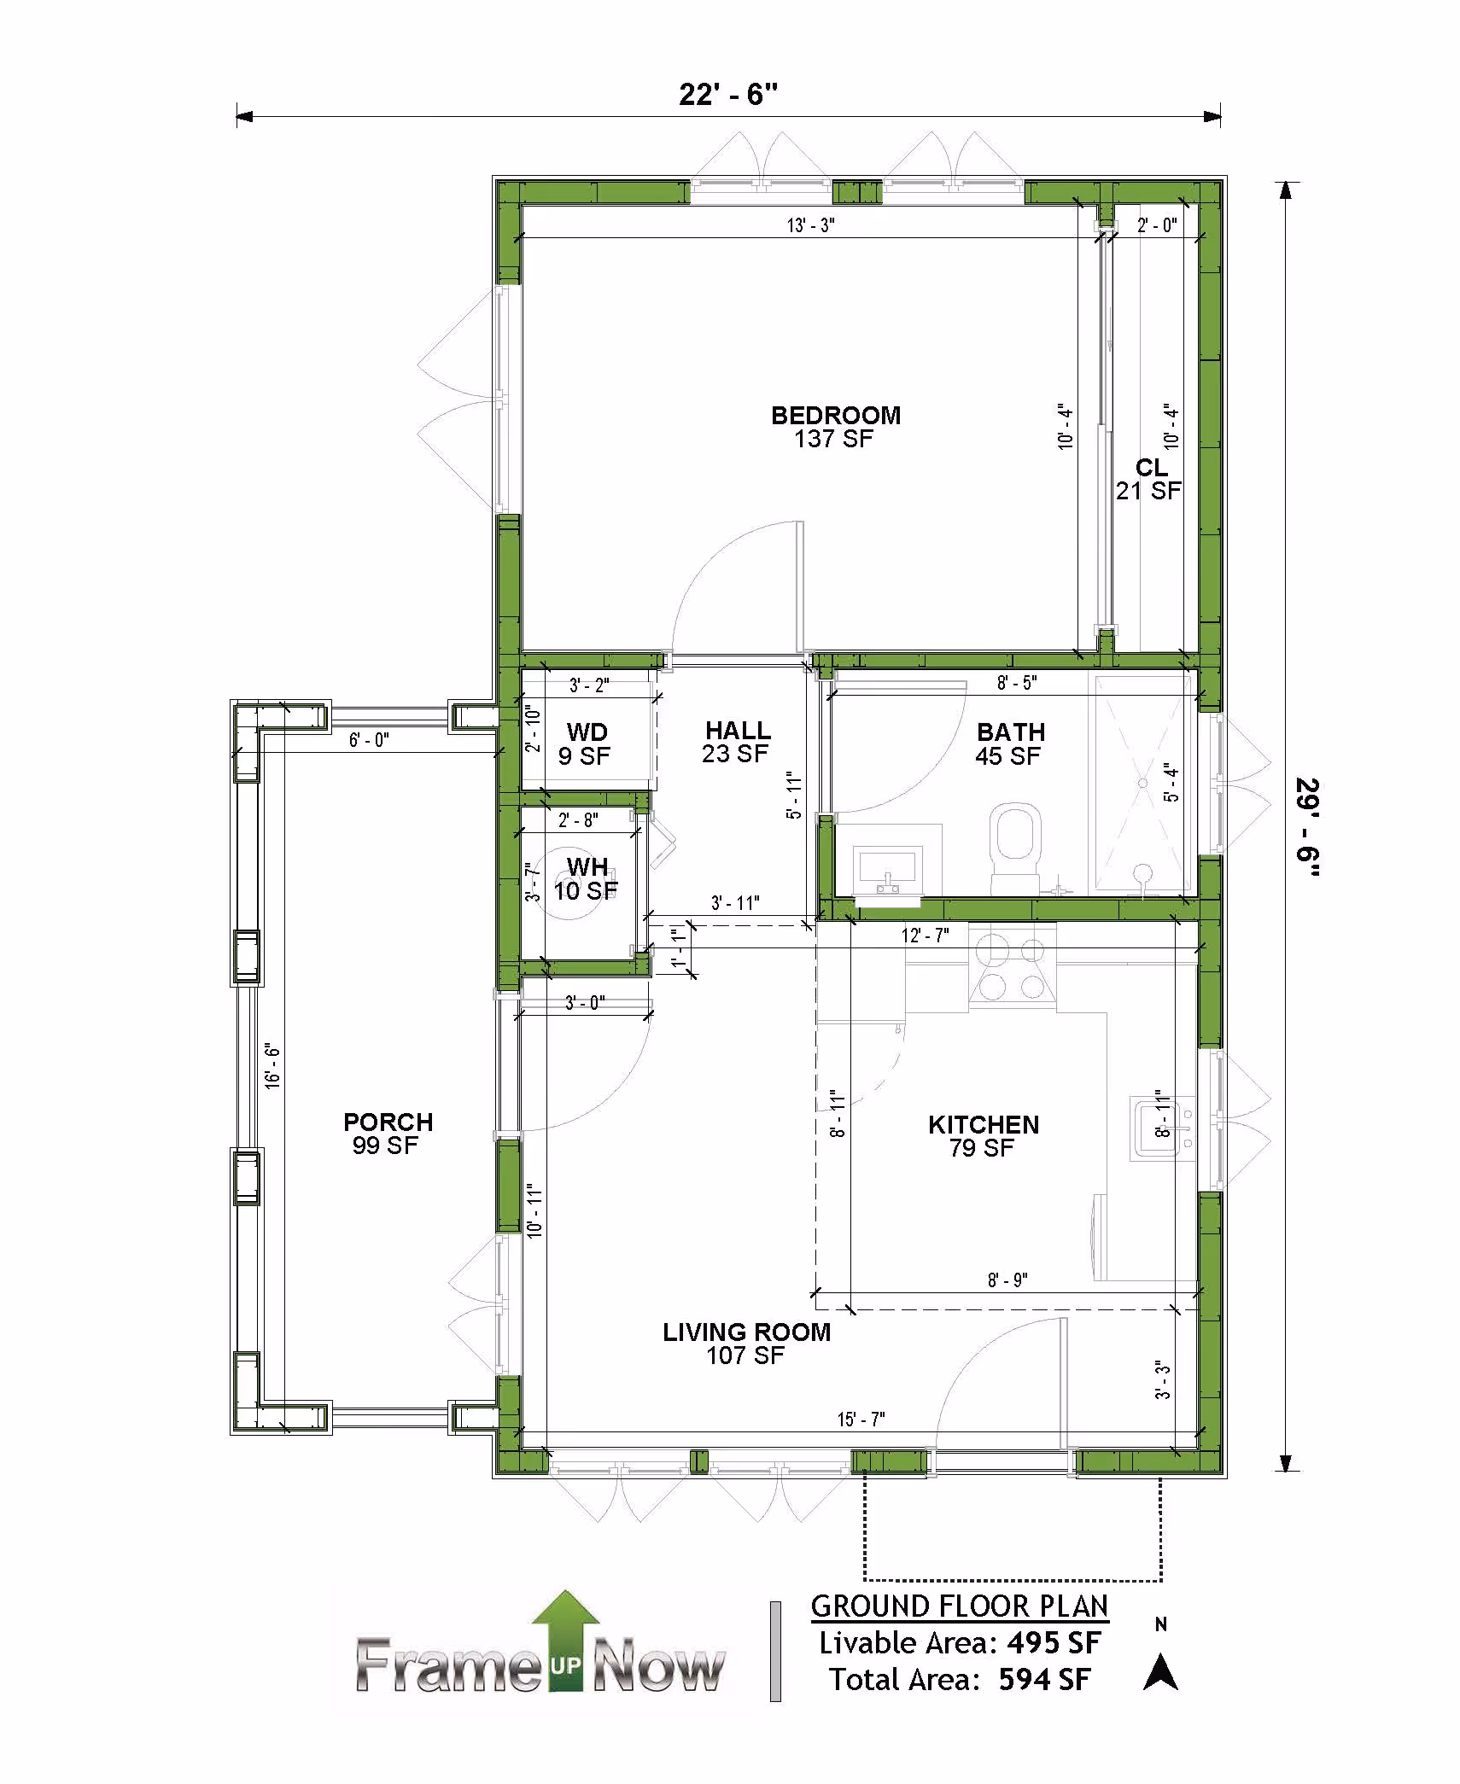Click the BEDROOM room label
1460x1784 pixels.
tap(836, 416)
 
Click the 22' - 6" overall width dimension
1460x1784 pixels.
tap(728, 94)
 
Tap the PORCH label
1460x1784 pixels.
tap(388, 1122)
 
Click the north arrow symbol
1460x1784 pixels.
tap(1160, 1672)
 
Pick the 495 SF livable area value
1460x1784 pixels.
tap(1054, 1642)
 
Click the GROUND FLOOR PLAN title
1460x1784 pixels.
tap(960, 1606)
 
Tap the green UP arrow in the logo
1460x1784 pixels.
tap(564, 1640)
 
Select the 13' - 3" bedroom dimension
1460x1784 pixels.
tap(810, 225)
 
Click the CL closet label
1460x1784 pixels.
tap(1151, 468)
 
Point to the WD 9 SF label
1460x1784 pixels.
tap(587, 743)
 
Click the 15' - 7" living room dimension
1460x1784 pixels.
tap(861, 1419)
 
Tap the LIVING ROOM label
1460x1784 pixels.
tap(747, 1332)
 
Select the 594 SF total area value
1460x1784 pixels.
tap(1045, 1679)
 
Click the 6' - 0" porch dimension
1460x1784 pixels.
tap(369, 739)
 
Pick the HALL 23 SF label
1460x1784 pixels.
tap(738, 742)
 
